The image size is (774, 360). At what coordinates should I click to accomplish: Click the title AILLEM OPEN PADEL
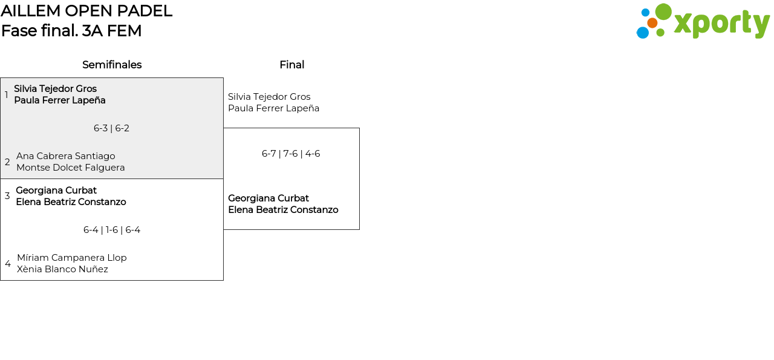[x=86, y=11]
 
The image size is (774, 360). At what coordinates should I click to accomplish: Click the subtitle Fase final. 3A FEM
[x=71, y=31]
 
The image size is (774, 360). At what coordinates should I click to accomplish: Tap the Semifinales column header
[x=112, y=65]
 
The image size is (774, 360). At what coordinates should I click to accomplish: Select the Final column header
[x=291, y=65]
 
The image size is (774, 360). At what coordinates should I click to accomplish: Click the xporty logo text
[x=721, y=24]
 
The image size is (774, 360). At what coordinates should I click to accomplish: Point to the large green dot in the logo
[x=663, y=12]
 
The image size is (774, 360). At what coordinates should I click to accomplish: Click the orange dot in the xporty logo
[x=652, y=23]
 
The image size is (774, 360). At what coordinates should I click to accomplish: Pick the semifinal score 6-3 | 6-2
[x=111, y=128]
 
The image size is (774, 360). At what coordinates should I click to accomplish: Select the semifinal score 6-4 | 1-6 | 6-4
[x=112, y=230]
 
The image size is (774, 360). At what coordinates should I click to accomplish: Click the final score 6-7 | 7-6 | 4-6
[x=291, y=154]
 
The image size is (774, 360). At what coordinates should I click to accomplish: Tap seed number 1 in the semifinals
[x=7, y=95]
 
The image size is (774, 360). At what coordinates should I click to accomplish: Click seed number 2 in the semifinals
[x=7, y=162]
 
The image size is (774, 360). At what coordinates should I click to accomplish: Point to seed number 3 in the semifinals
[x=7, y=196]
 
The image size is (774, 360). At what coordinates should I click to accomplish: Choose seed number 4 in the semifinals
[x=8, y=264]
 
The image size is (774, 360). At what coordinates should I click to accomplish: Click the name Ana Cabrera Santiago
[x=65, y=156]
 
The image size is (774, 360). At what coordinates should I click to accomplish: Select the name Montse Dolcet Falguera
[x=70, y=168]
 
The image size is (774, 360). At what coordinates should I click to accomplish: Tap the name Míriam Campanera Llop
[x=71, y=258]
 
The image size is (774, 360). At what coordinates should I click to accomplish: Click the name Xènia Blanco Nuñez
[x=62, y=269]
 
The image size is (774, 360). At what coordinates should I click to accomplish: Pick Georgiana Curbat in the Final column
[x=268, y=198]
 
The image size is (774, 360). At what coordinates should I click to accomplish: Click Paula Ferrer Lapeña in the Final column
[x=273, y=108]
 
